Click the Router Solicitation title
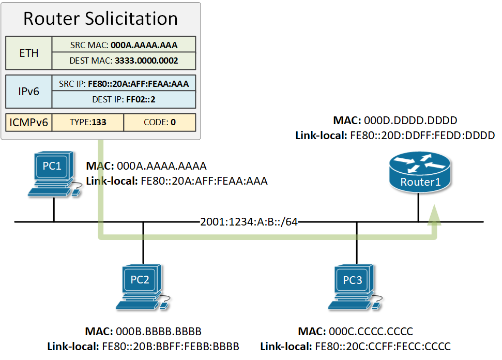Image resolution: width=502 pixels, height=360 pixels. tap(100, 19)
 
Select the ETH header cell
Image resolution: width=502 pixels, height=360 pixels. tap(28, 53)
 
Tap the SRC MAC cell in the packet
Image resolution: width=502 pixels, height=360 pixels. tap(124, 44)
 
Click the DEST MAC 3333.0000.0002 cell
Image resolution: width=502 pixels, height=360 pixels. tap(124, 61)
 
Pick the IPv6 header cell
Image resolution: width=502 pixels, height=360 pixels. tap(28, 92)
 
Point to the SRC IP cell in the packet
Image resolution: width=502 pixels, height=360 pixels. tap(124, 83)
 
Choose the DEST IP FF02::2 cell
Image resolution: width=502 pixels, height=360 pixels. tap(124, 99)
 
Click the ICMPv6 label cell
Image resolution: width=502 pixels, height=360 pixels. tap(28, 123)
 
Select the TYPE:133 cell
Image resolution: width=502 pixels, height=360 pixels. tap(88, 123)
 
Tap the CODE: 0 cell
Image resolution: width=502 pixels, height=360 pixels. tap(160, 123)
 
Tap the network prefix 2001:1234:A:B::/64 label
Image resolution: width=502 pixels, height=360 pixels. tap(249, 222)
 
